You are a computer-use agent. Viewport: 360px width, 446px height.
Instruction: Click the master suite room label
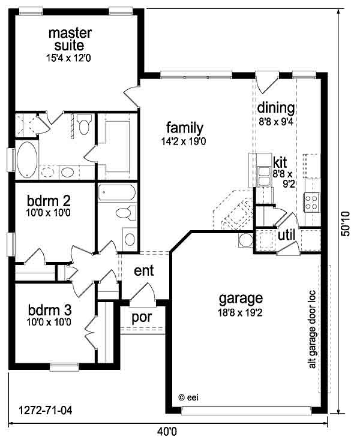[70, 39]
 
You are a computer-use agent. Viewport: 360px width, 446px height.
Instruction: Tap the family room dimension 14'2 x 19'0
[184, 141]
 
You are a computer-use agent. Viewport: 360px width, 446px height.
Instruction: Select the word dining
[276, 108]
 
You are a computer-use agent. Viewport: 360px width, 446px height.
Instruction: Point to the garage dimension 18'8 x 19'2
[240, 313]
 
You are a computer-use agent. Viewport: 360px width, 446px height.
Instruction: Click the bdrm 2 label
[49, 201]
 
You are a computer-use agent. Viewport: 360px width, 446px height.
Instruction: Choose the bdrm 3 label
[50, 309]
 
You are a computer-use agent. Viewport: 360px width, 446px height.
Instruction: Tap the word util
[286, 235]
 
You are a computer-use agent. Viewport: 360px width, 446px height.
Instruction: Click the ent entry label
[144, 270]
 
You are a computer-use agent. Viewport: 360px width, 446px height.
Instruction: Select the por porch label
[142, 318]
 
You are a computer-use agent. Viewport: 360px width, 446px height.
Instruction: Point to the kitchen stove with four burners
[311, 203]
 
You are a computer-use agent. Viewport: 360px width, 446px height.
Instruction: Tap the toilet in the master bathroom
[84, 124]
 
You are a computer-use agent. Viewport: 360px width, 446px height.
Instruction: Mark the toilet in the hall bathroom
[127, 213]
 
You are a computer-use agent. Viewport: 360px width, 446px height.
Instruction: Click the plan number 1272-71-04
[46, 410]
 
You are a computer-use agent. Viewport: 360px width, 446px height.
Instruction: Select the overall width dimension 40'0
[167, 432]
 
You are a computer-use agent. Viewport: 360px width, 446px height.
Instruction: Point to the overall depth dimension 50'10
[346, 224]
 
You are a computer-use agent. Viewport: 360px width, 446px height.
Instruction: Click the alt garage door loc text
[312, 329]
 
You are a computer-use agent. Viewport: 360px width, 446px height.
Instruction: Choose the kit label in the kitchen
[280, 162]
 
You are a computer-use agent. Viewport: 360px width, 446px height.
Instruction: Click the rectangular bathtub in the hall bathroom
[117, 193]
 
